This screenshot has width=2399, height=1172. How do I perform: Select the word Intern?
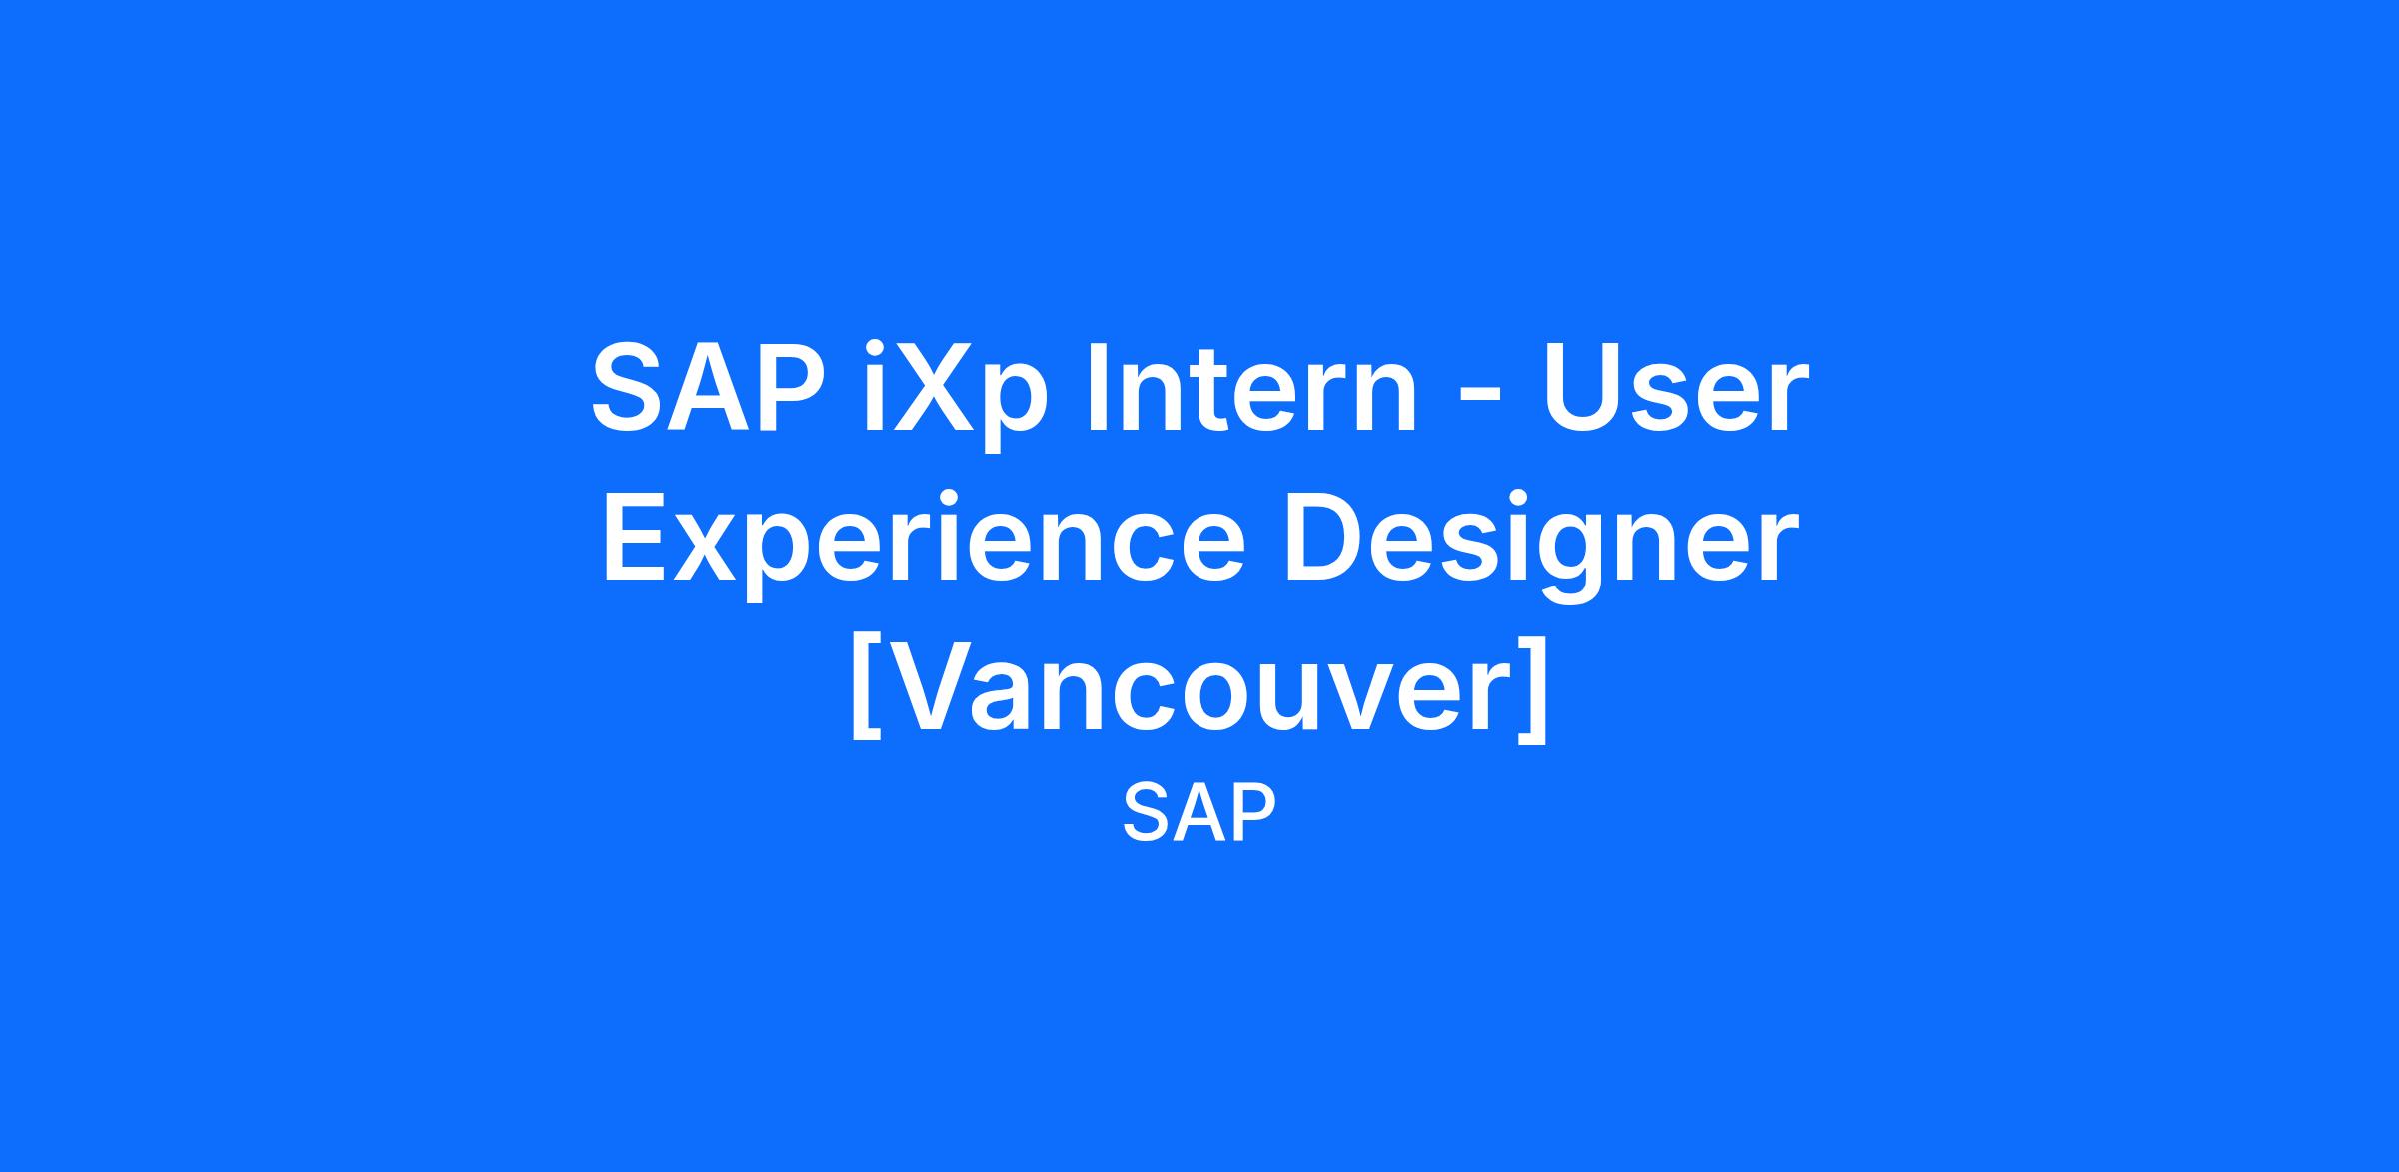tap(1252, 387)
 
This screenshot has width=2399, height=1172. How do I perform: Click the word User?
tap(1676, 388)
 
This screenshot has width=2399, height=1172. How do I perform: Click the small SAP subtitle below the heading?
tap(1199, 814)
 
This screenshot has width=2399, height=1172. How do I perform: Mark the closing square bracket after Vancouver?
tap(1533, 689)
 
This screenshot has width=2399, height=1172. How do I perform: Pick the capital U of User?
tap(1582, 389)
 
